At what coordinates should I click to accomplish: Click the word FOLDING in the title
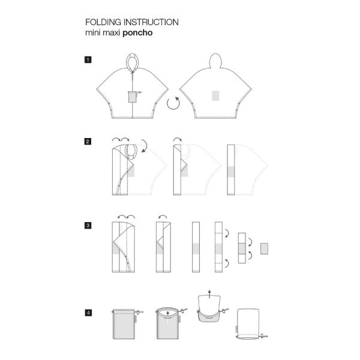(x=103, y=22)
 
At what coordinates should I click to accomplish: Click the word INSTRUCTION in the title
(x=151, y=22)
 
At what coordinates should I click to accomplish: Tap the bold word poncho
(x=137, y=33)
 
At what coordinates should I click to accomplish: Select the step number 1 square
(x=88, y=59)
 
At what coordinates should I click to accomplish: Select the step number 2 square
(x=88, y=142)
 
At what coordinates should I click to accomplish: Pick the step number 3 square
(x=88, y=226)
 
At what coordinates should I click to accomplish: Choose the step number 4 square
(x=88, y=313)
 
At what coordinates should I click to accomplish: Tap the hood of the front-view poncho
(x=133, y=61)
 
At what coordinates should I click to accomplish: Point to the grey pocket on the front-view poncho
(x=133, y=97)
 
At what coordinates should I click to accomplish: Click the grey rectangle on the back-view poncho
(x=215, y=95)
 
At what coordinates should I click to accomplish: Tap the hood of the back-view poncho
(x=215, y=61)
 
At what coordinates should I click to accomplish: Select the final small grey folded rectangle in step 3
(x=264, y=248)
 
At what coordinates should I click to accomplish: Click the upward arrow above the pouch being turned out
(x=209, y=294)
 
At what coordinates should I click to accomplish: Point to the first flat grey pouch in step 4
(x=124, y=324)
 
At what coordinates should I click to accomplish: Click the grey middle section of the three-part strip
(x=242, y=248)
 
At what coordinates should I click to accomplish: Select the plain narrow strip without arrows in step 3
(x=196, y=247)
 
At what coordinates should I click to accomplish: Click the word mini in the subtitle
(x=93, y=33)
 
